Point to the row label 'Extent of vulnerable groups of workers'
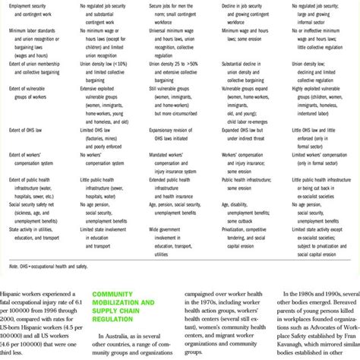pyautogui.click(x=30, y=92)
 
